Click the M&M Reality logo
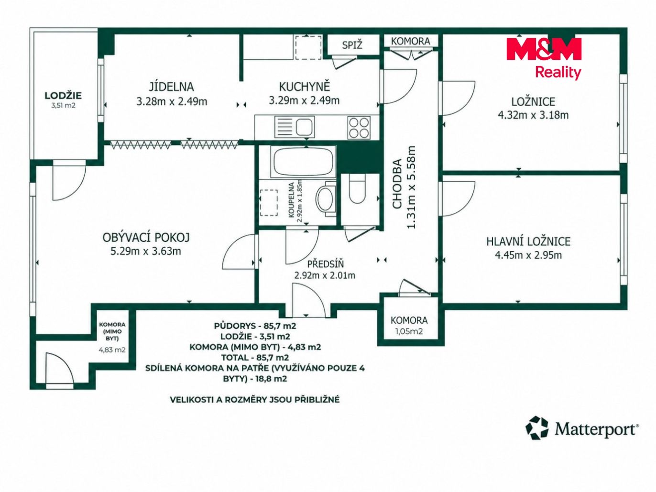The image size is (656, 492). click(544, 58)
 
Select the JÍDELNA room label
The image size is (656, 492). click(172, 87)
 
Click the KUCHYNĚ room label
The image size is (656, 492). click(304, 87)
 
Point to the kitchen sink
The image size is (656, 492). click(295, 127)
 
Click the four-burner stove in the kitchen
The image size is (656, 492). click(359, 128)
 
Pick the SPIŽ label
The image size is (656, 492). click(352, 45)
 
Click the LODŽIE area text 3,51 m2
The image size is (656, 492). click(63, 106)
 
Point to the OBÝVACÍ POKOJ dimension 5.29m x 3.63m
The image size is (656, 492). click(146, 251)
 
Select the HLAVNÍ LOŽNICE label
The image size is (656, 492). click(528, 241)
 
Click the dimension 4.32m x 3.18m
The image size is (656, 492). click(533, 115)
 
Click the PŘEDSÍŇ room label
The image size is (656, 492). click(326, 264)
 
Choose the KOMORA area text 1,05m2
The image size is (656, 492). click(409, 331)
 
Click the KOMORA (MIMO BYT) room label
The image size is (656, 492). click(112, 331)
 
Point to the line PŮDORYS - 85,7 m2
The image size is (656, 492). click(255, 326)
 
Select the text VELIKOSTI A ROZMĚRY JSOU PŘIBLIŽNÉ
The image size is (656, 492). click(255, 399)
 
